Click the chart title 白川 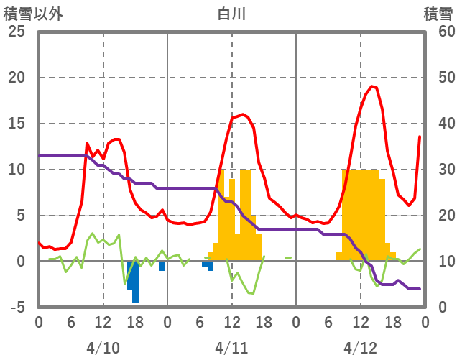(231, 14)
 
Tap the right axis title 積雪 (438, 14)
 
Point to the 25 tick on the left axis (17, 32)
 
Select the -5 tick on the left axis (17, 308)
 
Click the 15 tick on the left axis (17, 124)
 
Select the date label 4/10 (103, 348)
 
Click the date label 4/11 (231, 348)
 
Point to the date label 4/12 (360, 348)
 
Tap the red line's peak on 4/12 (371, 86)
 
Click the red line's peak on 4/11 (243, 114)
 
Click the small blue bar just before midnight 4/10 (162, 266)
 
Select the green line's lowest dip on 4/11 (252, 293)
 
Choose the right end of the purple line (420, 289)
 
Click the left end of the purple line (40, 156)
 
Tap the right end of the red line (420, 137)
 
